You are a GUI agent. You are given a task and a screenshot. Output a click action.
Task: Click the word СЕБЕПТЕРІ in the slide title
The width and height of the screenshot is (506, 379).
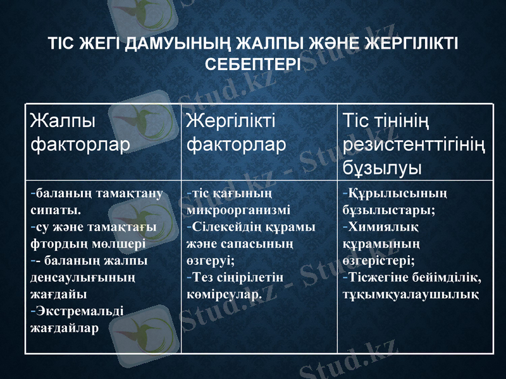[253, 64]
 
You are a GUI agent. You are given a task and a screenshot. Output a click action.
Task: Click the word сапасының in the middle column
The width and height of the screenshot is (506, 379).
[245, 243]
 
